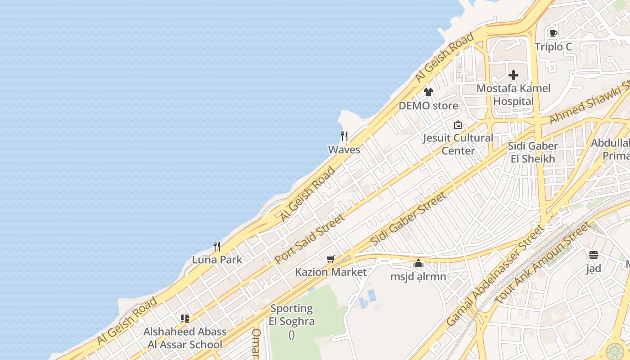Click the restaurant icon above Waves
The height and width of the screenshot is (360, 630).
344,136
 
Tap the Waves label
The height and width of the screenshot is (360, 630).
344,150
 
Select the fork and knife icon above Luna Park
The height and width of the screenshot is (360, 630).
217,246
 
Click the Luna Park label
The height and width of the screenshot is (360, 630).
217,260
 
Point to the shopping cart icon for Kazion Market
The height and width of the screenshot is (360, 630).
331,259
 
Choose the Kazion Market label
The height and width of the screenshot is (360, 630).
331,272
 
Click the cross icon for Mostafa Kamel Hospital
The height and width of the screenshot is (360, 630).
513,75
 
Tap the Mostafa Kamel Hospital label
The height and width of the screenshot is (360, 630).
513,94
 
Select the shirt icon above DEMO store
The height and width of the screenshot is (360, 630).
428,92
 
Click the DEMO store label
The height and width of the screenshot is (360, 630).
428,106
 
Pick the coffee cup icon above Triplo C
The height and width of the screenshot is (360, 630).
553,33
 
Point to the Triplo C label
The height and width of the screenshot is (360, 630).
553,47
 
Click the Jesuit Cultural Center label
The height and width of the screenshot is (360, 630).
458,144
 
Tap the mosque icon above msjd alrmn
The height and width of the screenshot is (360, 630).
418,263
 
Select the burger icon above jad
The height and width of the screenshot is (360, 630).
593,255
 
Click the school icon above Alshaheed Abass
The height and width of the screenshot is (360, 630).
185,319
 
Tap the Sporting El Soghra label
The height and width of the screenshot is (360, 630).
292,315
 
